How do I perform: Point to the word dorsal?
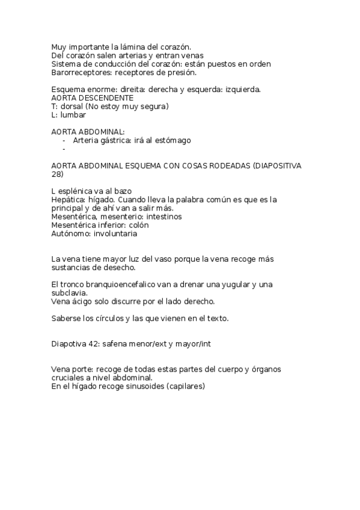point(71,106)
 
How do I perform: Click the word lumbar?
point(73,114)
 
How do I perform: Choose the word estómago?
point(172,140)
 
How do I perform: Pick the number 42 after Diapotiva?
point(96,343)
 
